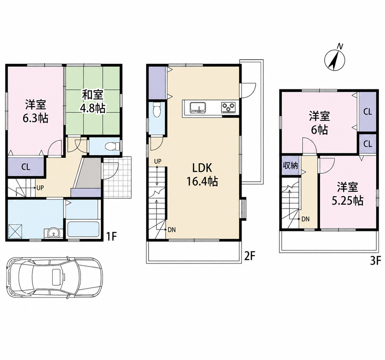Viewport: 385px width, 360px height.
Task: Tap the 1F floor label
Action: pos(111,237)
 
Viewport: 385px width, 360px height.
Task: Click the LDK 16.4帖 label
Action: pos(202,175)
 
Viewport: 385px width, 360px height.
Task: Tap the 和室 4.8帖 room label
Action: pos(93,102)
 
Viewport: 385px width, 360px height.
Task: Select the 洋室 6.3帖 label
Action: pos(36,111)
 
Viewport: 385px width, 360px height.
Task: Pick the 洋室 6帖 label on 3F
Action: pos(319,123)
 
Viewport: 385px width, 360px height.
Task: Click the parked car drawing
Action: pos(54,277)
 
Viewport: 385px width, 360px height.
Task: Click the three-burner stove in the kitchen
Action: pos(228,107)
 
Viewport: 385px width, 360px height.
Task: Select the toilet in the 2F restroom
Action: pos(156,110)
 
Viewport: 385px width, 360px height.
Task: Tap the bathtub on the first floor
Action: pos(83,229)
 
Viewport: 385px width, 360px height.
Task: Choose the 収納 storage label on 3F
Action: pos(290,166)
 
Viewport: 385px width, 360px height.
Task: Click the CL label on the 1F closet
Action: pos(26,167)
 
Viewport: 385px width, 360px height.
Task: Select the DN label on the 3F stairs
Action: pos(305,219)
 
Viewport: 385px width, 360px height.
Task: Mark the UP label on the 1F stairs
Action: pos(40,188)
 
